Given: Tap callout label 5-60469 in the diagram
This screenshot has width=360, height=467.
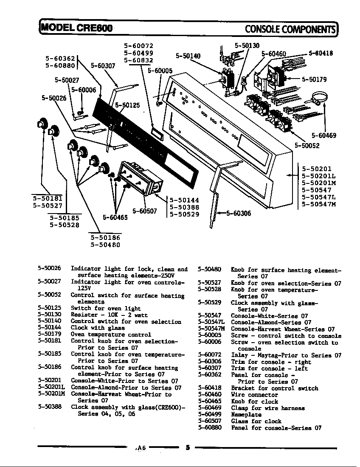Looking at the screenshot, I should click(x=323, y=136).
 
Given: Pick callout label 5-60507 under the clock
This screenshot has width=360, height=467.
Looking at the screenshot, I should click(x=145, y=211).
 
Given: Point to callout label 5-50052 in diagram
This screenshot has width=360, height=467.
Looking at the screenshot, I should click(x=307, y=146).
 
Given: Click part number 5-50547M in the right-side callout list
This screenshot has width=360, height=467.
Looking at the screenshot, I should click(x=318, y=204).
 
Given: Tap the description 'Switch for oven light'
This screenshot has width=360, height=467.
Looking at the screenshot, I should click(x=106, y=309).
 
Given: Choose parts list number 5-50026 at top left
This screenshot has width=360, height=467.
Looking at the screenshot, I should click(x=49, y=268).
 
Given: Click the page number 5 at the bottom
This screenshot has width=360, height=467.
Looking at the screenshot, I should click(x=187, y=447).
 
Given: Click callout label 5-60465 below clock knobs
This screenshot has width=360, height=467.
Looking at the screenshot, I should click(x=115, y=218).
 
